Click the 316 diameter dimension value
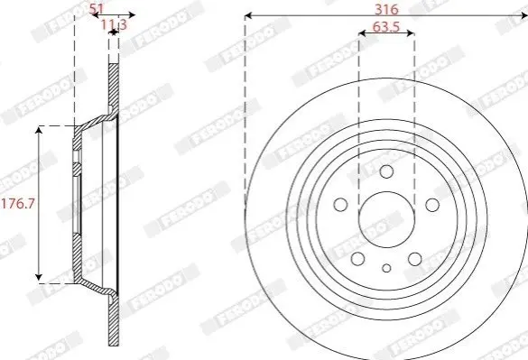coord(386,9)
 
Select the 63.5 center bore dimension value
coord(386,27)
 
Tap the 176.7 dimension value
coord(19,204)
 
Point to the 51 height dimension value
coord(97,9)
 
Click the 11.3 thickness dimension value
coord(114,24)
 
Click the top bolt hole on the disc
coord(386,171)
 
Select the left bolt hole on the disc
coord(340,205)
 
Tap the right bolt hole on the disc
coord(432,205)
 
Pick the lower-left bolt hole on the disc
coord(358,259)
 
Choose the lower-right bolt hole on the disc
coord(415,259)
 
